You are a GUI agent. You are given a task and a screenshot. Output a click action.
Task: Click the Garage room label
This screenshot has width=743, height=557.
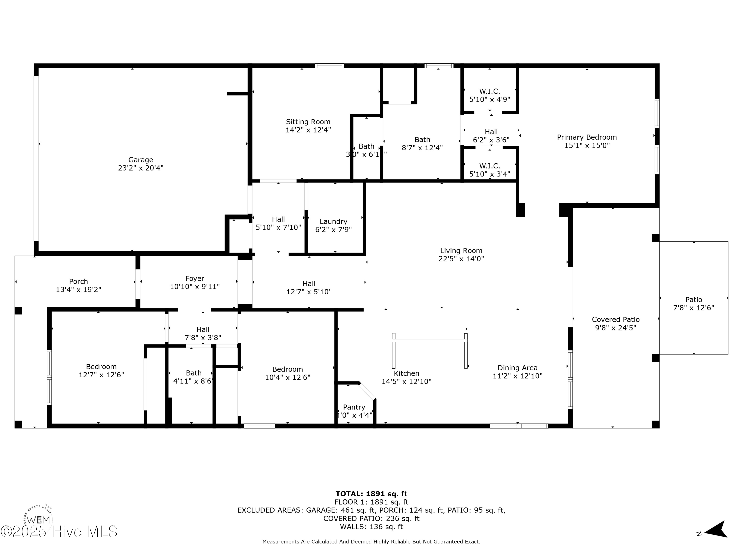click(x=140, y=160)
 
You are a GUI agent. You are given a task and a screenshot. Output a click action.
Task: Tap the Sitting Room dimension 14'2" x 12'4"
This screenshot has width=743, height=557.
click(x=308, y=130)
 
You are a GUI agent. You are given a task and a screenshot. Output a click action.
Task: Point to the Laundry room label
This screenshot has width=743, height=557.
click(x=333, y=222)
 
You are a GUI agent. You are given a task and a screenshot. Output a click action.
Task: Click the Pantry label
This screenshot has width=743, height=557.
click(x=354, y=407)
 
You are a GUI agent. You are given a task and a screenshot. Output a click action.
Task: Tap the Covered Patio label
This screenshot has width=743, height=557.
click(x=615, y=320)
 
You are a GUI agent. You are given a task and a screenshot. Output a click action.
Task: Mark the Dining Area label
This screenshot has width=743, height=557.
click(x=517, y=368)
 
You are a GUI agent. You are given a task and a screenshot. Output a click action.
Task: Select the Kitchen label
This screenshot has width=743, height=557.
click(x=406, y=373)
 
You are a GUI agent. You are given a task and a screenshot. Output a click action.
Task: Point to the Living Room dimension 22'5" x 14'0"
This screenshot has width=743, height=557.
click(x=461, y=259)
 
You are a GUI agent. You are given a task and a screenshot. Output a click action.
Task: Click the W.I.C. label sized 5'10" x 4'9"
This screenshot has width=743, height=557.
click(x=489, y=91)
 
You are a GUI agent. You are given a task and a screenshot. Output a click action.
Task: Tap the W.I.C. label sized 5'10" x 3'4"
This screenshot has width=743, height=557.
click(x=489, y=166)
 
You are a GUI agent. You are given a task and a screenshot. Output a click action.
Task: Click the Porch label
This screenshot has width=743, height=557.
click(x=78, y=282)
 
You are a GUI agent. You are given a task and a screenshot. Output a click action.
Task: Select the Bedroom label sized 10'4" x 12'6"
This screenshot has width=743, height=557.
click(x=288, y=369)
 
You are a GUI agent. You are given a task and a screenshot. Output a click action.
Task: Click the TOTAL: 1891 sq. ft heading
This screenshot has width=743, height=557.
click(x=371, y=494)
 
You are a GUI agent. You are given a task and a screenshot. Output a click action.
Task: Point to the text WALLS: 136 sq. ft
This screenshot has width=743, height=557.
click(x=371, y=527)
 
